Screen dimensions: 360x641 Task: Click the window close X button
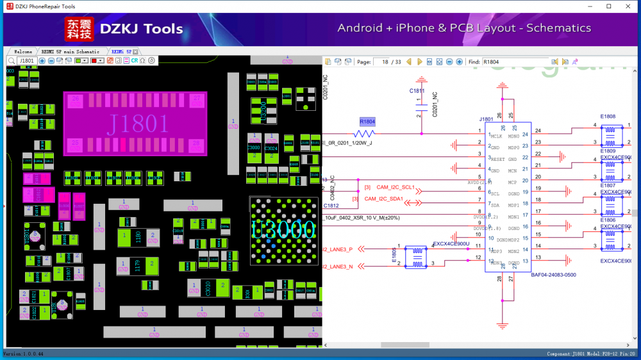[x=626, y=6]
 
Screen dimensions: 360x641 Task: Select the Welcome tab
[x=23, y=51]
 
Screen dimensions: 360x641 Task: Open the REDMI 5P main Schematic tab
[x=71, y=51]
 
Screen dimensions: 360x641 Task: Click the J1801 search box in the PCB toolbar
[x=26, y=61]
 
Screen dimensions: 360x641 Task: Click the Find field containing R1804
[x=515, y=62]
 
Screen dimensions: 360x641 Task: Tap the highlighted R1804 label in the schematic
[x=367, y=122]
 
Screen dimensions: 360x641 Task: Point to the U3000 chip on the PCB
[x=283, y=229]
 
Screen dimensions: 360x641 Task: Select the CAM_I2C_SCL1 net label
[x=395, y=188]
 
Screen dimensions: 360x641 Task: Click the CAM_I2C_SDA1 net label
[x=384, y=199]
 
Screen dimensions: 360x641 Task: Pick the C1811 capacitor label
[x=417, y=91]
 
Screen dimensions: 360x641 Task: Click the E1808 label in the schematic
[x=608, y=117]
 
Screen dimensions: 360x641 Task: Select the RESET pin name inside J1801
[x=498, y=158]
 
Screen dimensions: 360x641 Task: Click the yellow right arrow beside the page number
[x=420, y=62]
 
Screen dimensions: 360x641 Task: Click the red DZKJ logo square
[x=78, y=28]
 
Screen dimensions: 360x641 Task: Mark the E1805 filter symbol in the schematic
[x=417, y=256]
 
